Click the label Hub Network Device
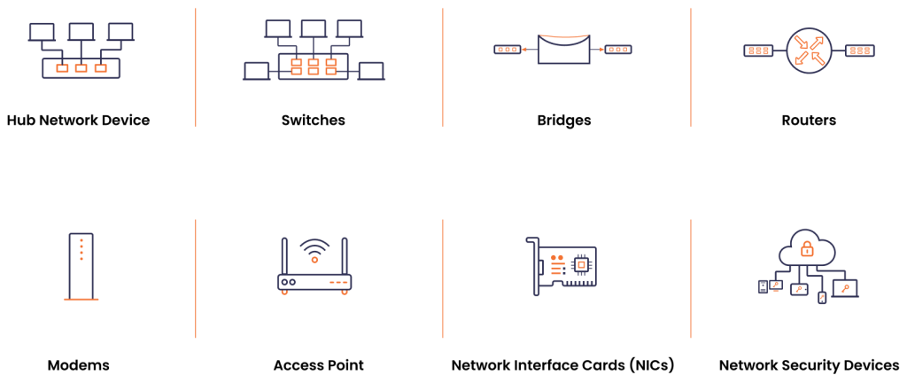tap(78, 120)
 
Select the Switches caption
tap(313, 120)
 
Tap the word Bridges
tap(563, 120)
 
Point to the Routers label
tap(808, 120)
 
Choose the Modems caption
tap(79, 364)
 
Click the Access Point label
tap(318, 364)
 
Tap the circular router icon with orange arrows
tap(809, 50)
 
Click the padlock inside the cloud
tap(807, 247)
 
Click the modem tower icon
tap(81, 266)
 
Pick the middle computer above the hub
tap(81, 33)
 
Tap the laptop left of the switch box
tap(256, 71)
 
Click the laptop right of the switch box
tap(371, 71)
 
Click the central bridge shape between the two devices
tap(563, 49)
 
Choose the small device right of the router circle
tap(860, 50)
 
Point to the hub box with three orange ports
tap(81, 67)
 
